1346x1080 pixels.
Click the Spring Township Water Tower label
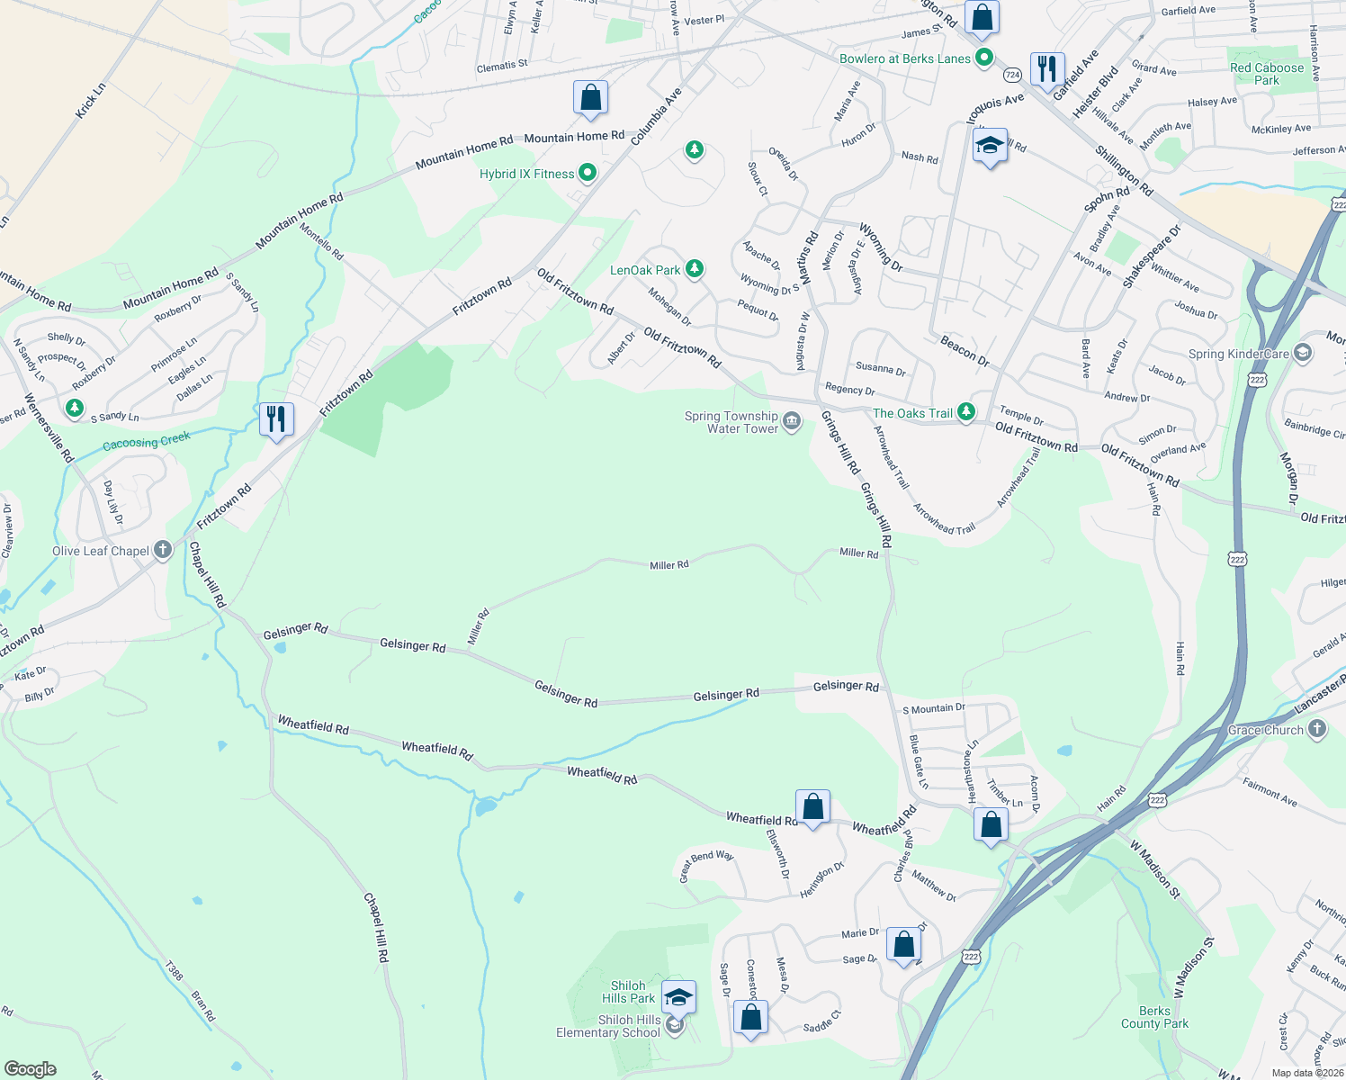click(731, 422)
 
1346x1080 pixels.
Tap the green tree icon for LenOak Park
click(694, 268)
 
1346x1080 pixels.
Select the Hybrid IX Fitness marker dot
click(588, 172)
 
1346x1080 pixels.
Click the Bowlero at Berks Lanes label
click(904, 58)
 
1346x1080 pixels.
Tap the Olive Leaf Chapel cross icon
click(163, 550)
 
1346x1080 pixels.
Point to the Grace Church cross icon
click(1317, 729)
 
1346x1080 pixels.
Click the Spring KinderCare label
click(1238, 354)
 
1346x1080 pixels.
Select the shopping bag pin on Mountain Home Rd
click(590, 98)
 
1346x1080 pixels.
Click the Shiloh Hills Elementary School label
click(608, 1026)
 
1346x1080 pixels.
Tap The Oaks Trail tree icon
click(965, 412)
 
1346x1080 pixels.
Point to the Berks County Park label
click(1154, 1017)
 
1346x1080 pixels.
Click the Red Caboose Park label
click(1266, 74)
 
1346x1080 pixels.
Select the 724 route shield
click(1012, 75)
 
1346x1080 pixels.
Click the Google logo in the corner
click(30, 1068)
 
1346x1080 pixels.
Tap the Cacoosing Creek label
click(146, 442)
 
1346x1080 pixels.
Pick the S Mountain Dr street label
click(933, 709)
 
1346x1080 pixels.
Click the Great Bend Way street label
click(705, 865)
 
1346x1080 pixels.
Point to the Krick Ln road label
click(90, 101)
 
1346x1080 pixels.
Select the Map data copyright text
click(1307, 1073)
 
